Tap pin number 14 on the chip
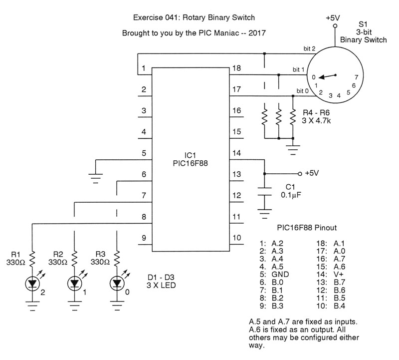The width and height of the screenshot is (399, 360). (x=237, y=153)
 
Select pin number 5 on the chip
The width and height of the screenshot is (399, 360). (x=144, y=153)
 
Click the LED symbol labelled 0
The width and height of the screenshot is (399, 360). (x=117, y=284)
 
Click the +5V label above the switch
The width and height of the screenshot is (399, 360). (x=333, y=17)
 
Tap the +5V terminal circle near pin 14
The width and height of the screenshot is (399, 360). (x=300, y=173)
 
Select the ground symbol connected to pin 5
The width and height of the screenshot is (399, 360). (x=95, y=175)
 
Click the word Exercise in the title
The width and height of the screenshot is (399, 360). (x=148, y=18)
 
